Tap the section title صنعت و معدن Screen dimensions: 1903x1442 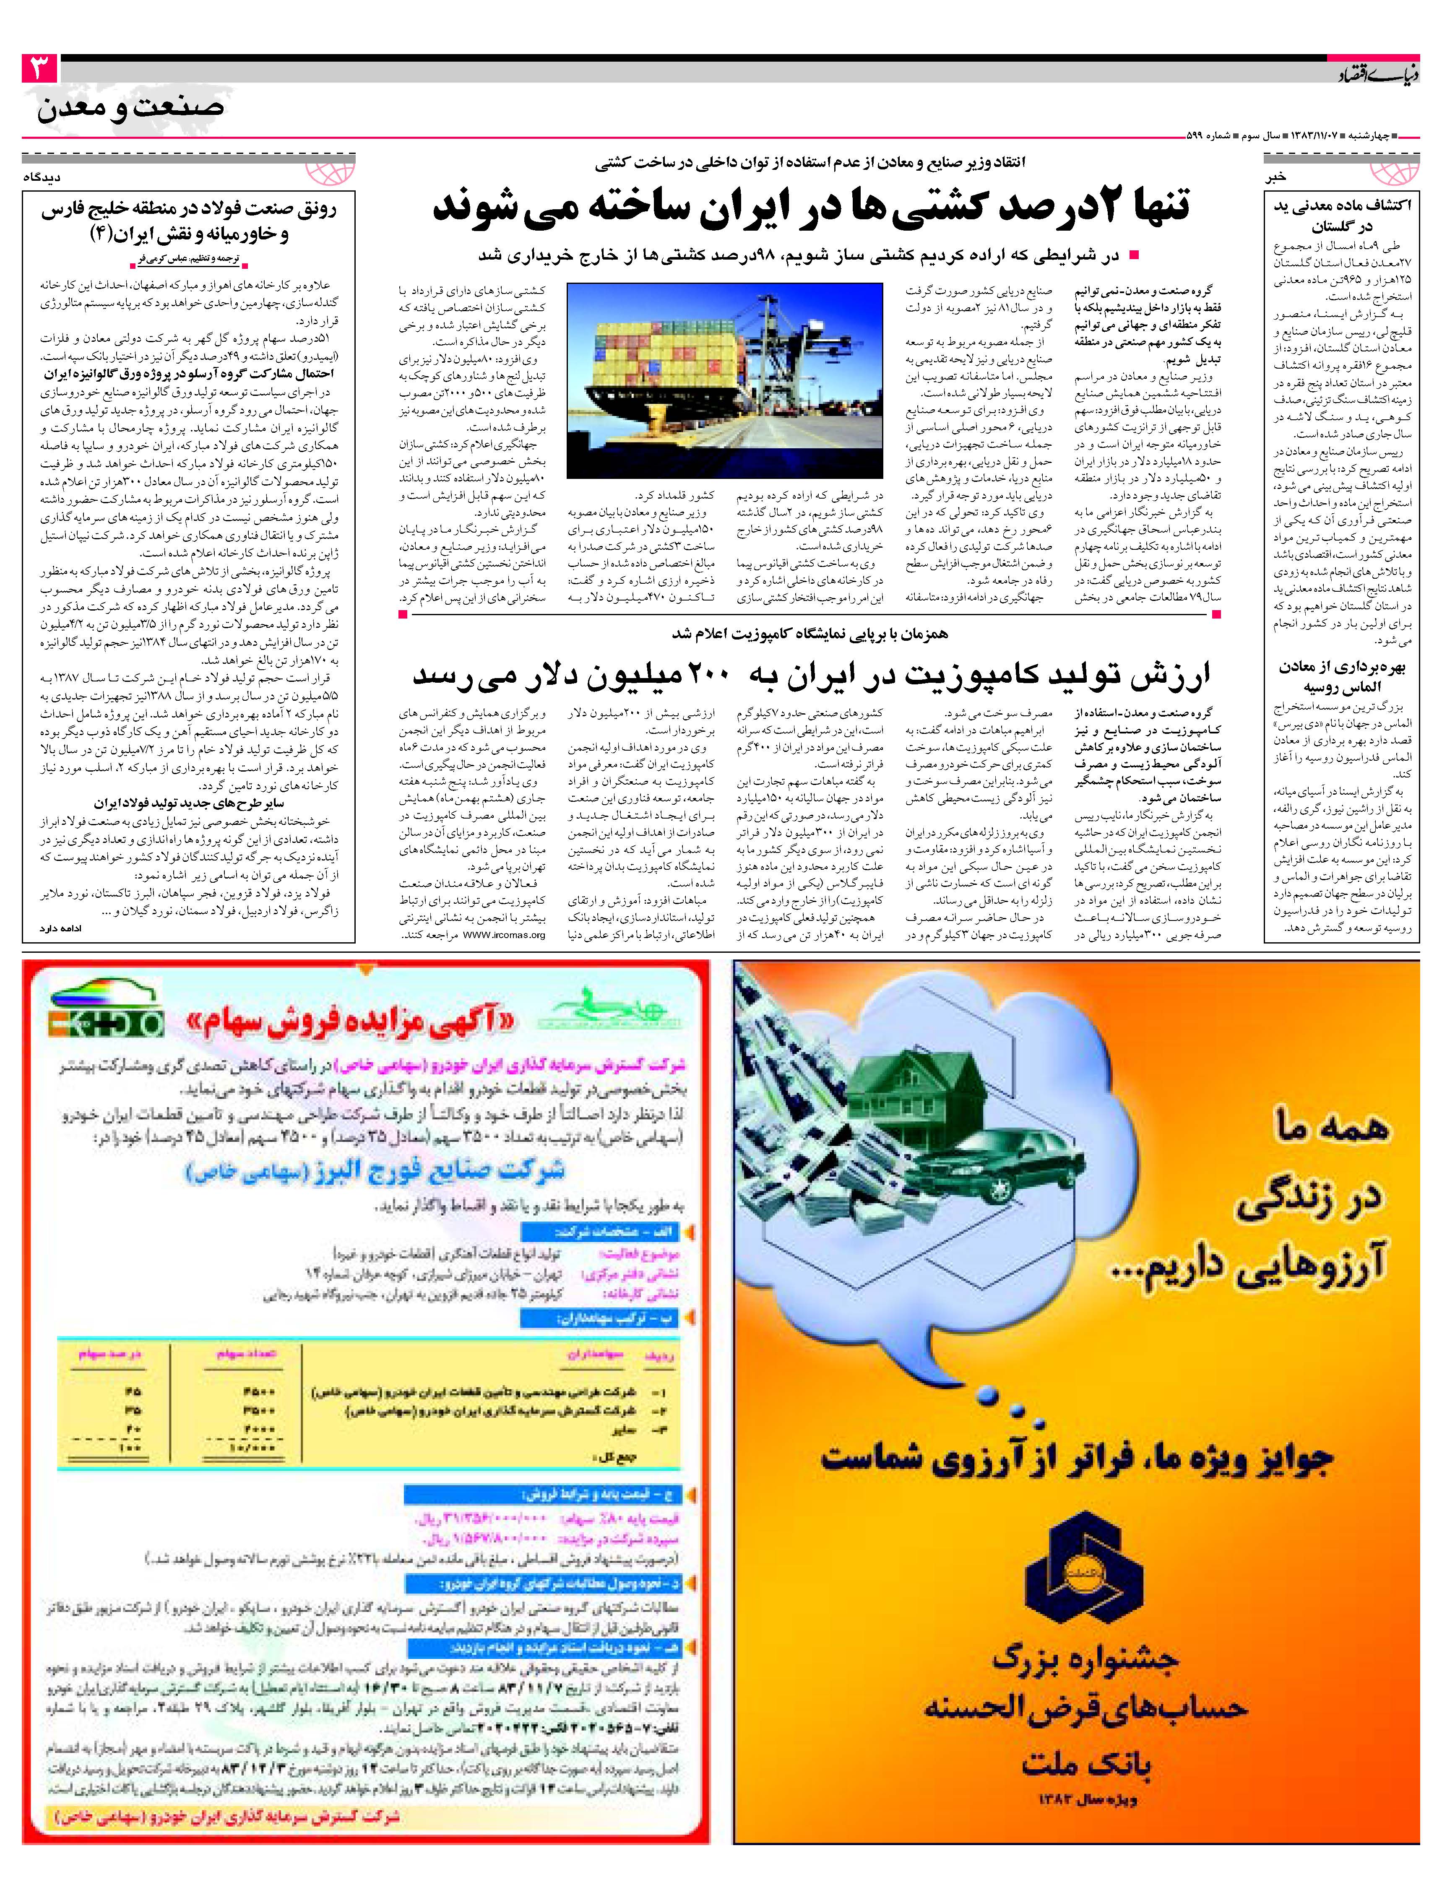pos(131,108)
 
